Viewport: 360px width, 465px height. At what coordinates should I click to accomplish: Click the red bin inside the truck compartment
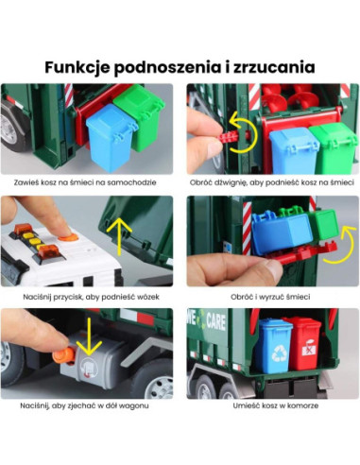pyautogui.click(x=303, y=343)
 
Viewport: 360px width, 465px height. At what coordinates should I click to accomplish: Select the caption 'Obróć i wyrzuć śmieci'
pyautogui.click(x=272, y=296)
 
